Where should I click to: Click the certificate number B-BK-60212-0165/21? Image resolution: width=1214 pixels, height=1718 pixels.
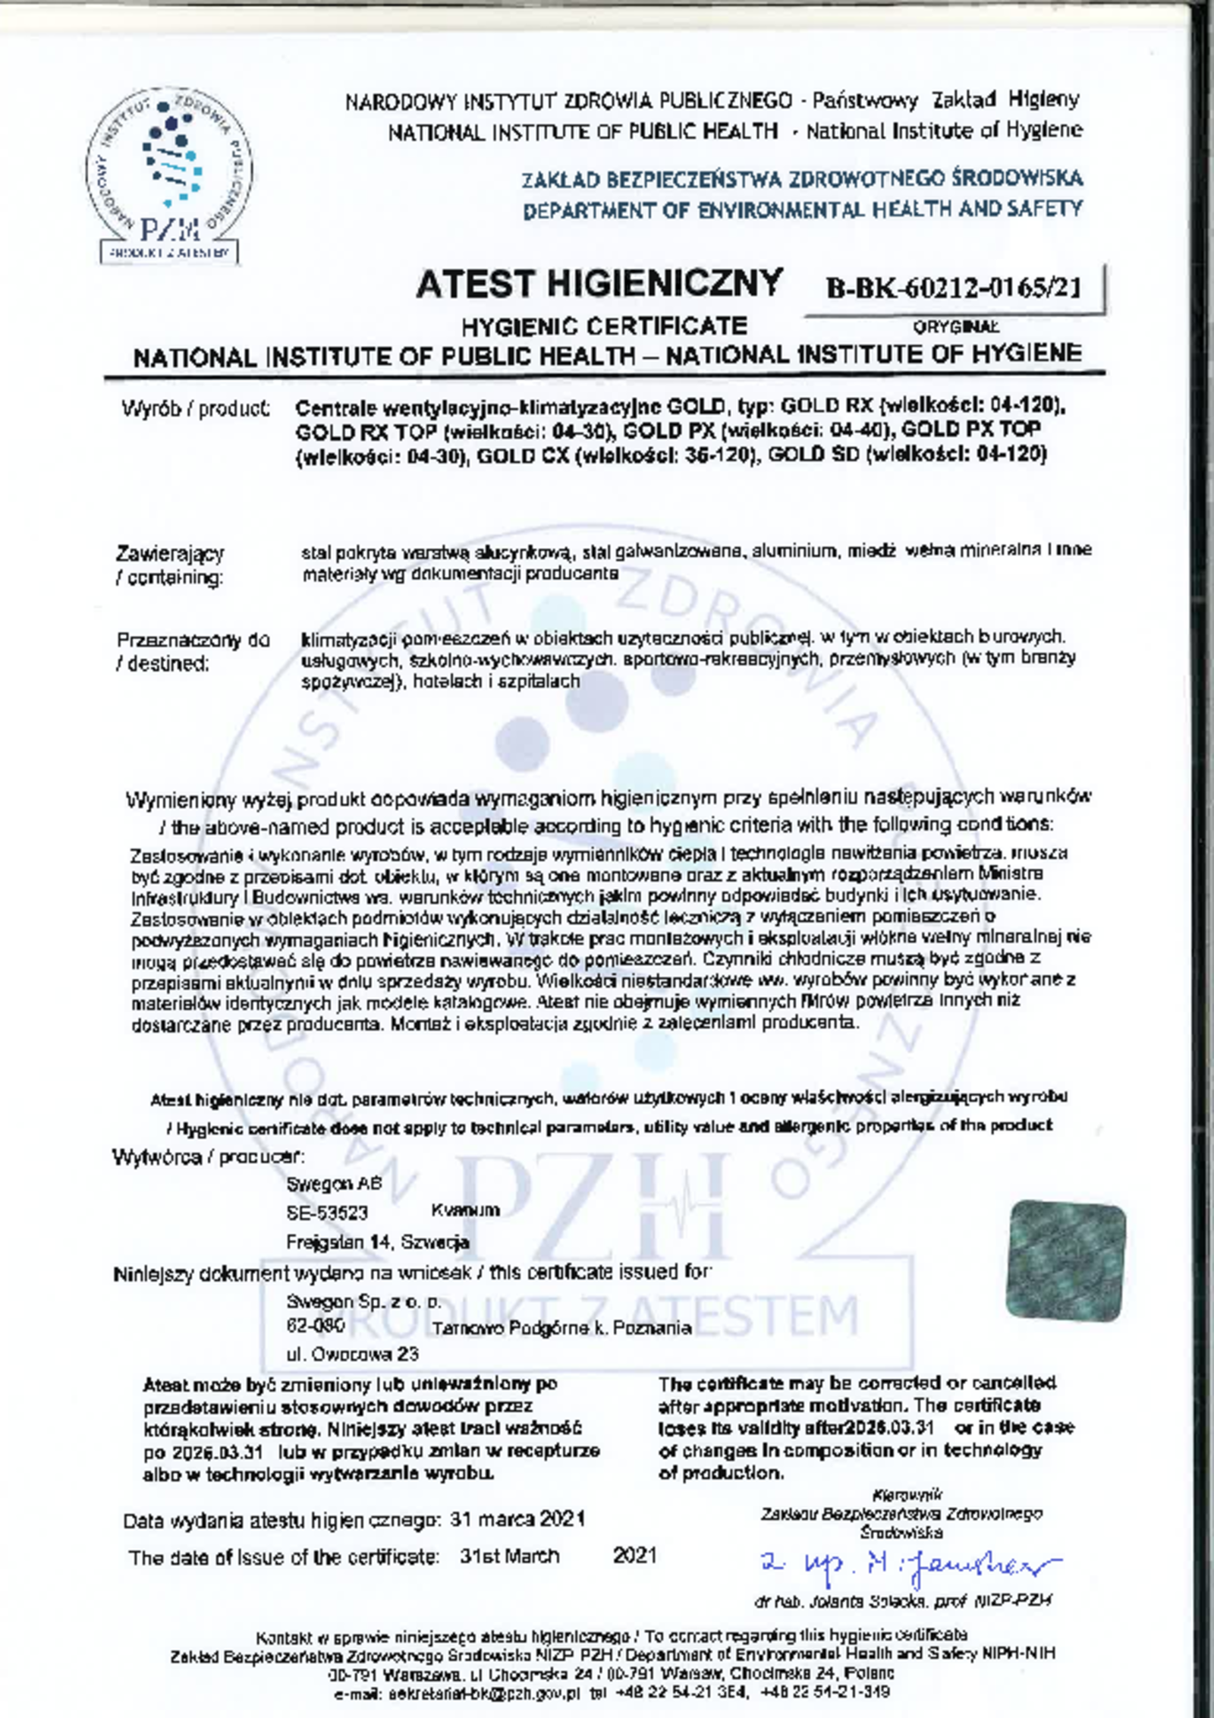tap(953, 288)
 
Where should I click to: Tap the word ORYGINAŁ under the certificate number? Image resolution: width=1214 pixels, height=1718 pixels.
tap(956, 327)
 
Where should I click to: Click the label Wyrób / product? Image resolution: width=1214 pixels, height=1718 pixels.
tap(196, 410)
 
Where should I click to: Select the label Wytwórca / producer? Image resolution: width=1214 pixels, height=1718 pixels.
tap(209, 1157)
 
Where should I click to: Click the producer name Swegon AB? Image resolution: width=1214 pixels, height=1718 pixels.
tap(334, 1185)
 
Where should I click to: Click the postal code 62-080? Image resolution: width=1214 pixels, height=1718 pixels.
tap(316, 1326)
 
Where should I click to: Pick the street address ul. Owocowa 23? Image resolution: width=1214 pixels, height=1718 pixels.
tap(352, 1354)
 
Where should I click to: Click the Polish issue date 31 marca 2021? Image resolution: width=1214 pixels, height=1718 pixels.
tap(517, 1519)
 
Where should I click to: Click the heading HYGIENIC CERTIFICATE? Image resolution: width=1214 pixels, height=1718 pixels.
tap(605, 326)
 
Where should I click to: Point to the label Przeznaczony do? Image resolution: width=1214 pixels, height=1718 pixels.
tap(193, 640)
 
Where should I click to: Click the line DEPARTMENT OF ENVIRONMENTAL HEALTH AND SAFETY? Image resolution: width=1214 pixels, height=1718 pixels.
tap(802, 209)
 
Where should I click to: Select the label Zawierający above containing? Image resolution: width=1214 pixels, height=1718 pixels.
tap(170, 553)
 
